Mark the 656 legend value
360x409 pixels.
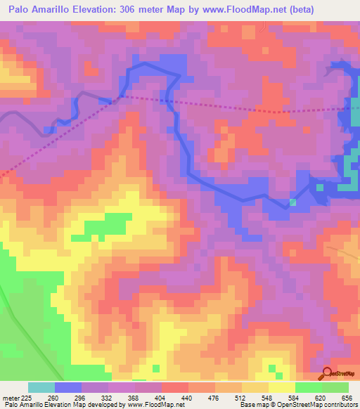pyautogui.click(x=347, y=398)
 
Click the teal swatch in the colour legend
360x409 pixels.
pyautogui.click(x=41, y=387)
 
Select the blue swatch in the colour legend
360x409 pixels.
pyautogui.click(x=68, y=387)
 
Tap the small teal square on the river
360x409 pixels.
pyautogui.click(x=292, y=202)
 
